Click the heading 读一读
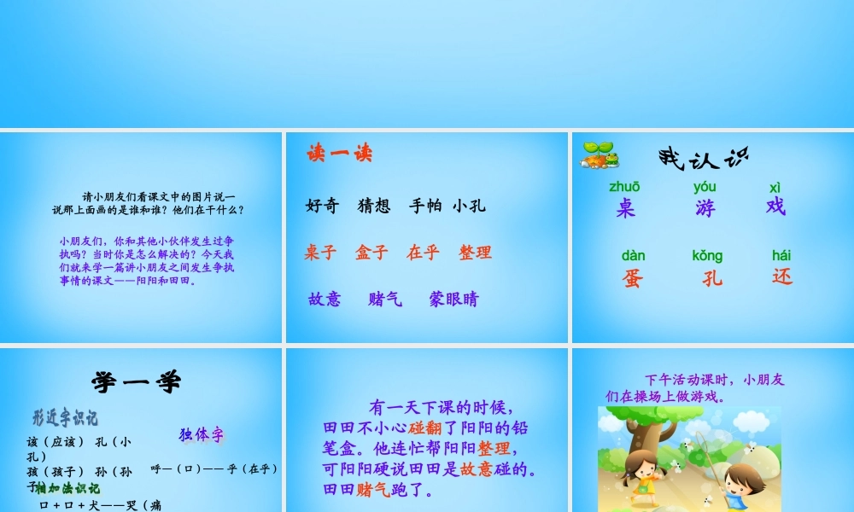(339, 154)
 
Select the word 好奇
(322, 206)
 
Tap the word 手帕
(425, 206)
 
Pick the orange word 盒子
(371, 253)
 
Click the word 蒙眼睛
(453, 300)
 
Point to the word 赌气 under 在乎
(385, 300)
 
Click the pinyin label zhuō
(624, 187)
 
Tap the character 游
(705, 207)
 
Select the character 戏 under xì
(775, 207)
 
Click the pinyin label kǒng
(707, 256)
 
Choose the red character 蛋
(632, 278)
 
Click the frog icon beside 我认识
(600, 154)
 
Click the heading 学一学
(137, 381)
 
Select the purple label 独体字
(202, 435)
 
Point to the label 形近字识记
(65, 418)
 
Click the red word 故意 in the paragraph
(476, 468)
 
